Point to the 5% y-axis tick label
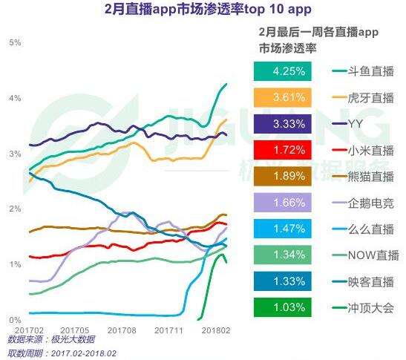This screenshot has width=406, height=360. pyautogui.click(x=14, y=42)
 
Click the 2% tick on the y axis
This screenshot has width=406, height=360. pyautogui.click(x=14, y=209)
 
